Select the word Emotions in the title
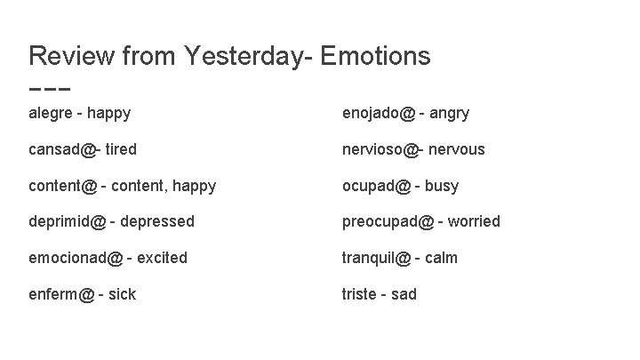[x=374, y=56]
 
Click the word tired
[x=121, y=149]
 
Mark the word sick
[x=122, y=294]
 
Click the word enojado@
[x=380, y=113]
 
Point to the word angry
[x=450, y=113]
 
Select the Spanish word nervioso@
[x=380, y=149]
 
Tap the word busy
[x=442, y=186]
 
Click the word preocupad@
[x=388, y=221]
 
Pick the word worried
[x=474, y=221]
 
